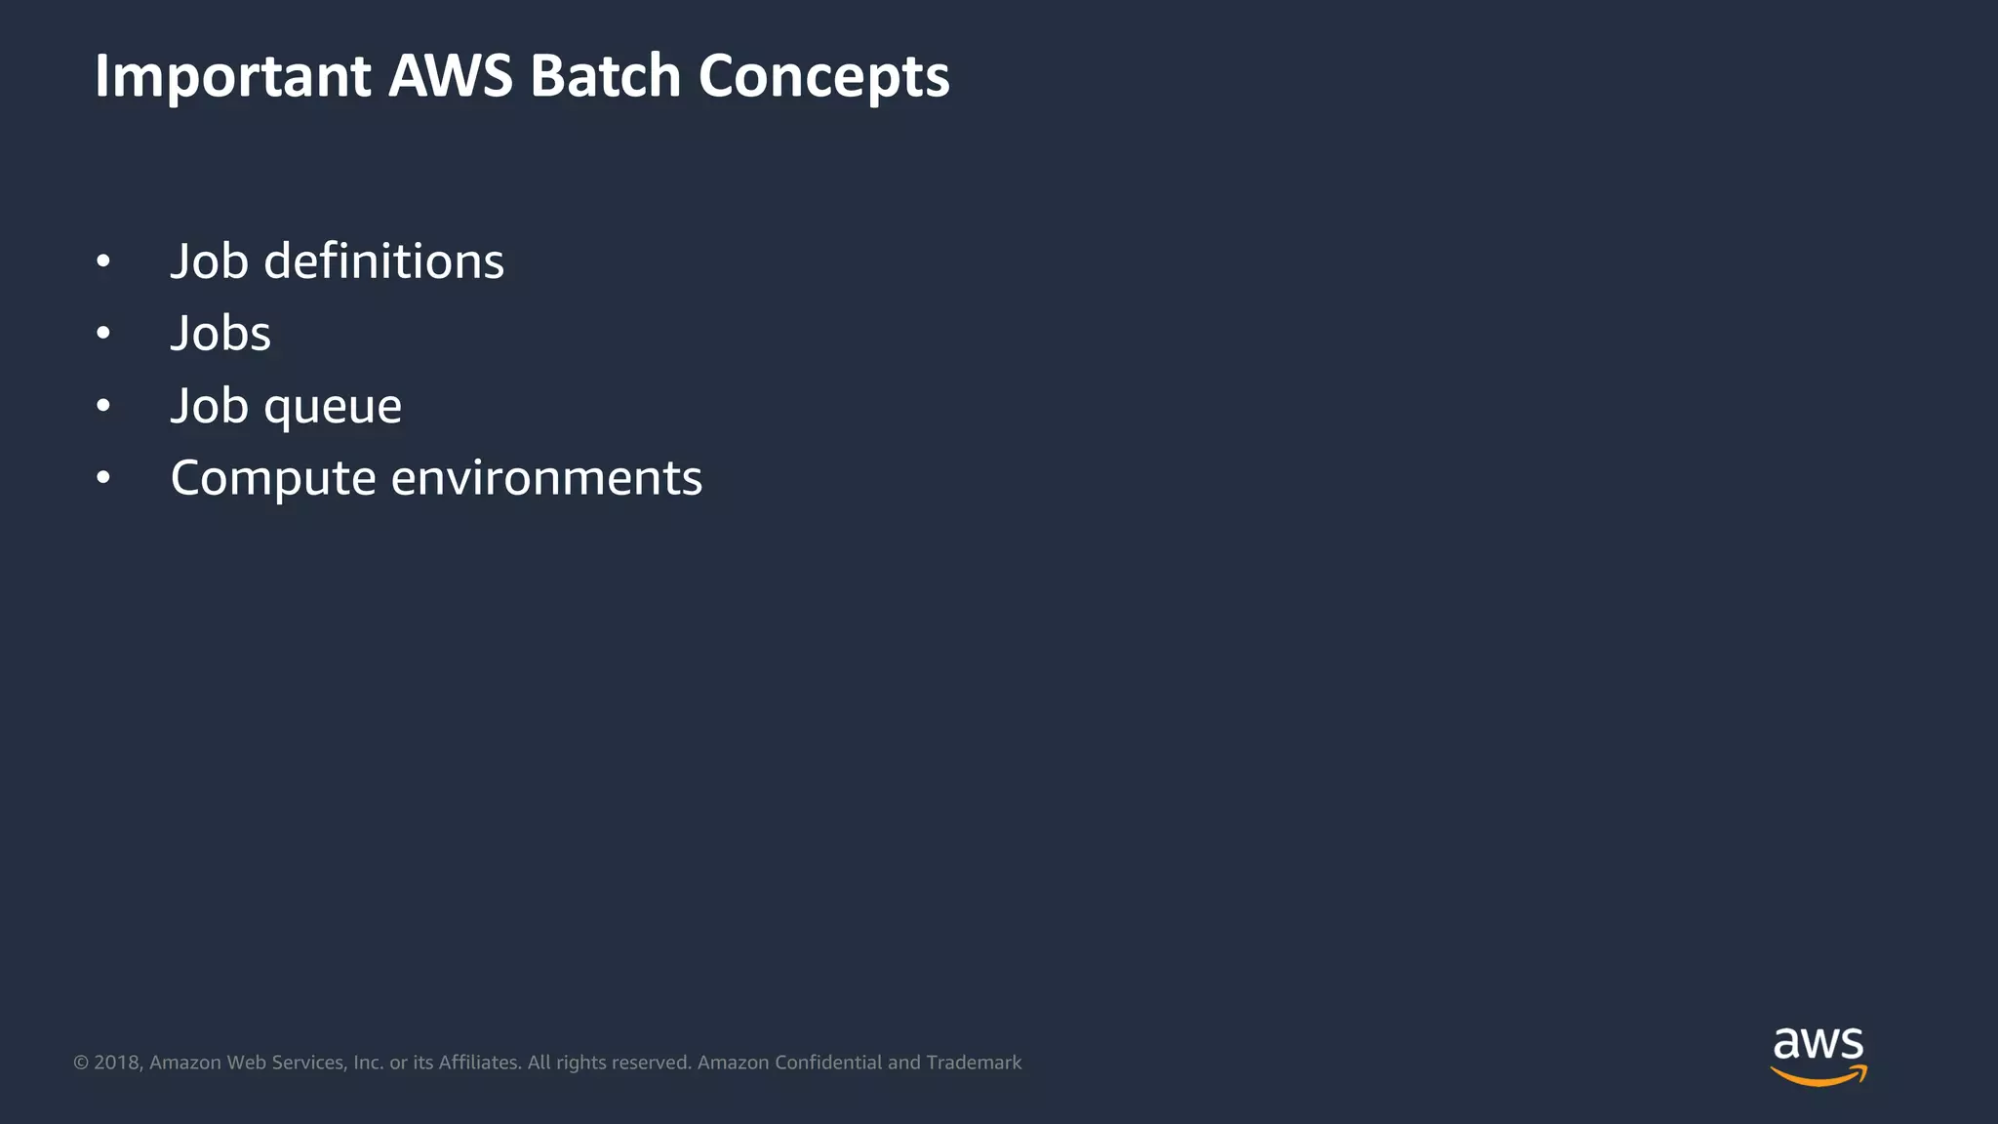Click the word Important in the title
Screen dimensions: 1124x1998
pos(232,76)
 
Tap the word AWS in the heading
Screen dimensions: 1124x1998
pos(450,76)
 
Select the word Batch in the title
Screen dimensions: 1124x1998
pos(605,76)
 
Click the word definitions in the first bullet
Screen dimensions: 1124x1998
pos(383,261)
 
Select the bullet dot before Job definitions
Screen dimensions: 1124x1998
pos(103,261)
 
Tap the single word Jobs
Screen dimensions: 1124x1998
pos(220,334)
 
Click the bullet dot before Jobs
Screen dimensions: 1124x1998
pos(103,334)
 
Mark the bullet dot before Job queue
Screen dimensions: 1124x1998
pos(103,406)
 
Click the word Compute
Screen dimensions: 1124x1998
pos(273,479)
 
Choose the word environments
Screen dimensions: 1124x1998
pos(546,478)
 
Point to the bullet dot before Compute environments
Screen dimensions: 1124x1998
pos(103,478)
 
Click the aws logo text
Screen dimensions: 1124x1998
pos(1818,1044)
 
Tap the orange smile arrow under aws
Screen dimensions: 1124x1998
pos(1818,1076)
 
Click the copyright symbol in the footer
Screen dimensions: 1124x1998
pos(81,1063)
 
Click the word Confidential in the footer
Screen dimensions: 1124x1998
pos(828,1063)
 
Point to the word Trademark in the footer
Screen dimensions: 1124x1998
pos(974,1063)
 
